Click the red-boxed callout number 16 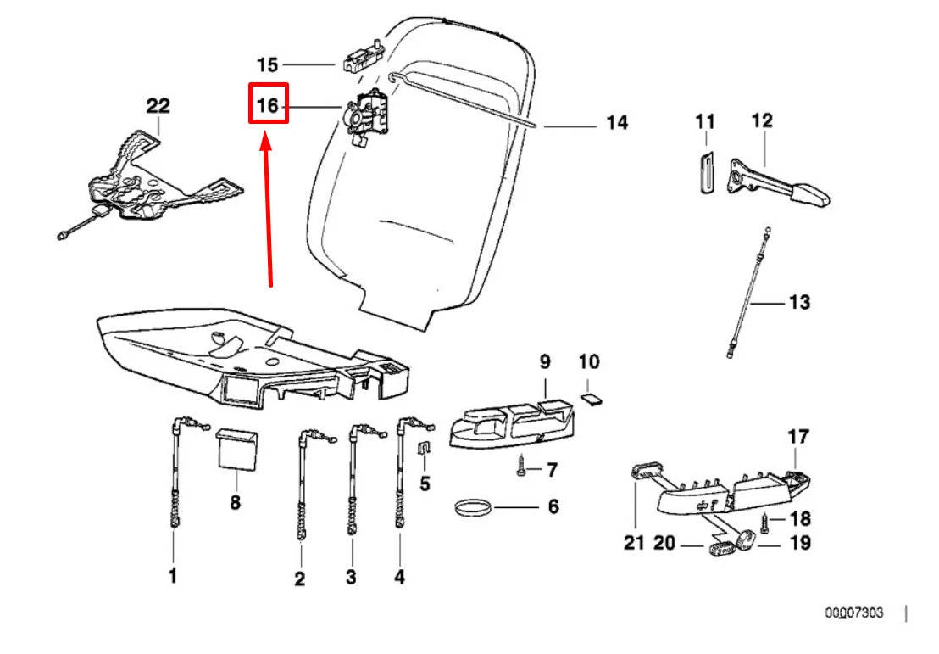(x=268, y=106)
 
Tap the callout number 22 (x=158, y=106)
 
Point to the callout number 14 (x=617, y=124)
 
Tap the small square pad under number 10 (x=590, y=394)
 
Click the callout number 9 (x=545, y=362)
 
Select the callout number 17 (x=797, y=438)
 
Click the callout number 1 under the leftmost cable (x=173, y=577)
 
